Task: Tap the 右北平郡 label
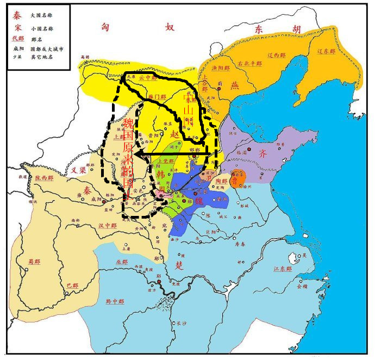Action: point(250,64)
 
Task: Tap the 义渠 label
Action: point(79,170)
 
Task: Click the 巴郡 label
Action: point(72,285)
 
